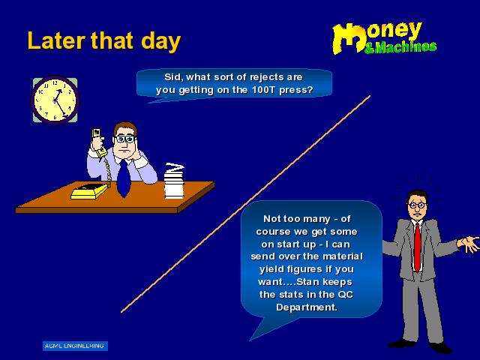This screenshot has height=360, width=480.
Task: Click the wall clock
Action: (x=55, y=100)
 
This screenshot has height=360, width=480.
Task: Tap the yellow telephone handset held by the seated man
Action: (x=98, y=142)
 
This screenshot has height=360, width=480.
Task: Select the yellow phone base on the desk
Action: (x=89, y=191)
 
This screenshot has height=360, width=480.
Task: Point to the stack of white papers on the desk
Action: (x=174, y=181)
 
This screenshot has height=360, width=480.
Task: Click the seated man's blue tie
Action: (x=123, y=178)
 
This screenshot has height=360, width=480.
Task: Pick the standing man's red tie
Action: (x=417, y=247)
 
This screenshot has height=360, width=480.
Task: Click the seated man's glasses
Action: (x=125, y=139)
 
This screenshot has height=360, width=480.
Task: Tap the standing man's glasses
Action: (x=417, y=205)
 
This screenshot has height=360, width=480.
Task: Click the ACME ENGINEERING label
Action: (x=75, y=346)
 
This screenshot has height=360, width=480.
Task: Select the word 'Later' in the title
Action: (x=57, y=40)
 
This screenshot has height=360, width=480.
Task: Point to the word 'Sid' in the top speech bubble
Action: (x=173, y=77)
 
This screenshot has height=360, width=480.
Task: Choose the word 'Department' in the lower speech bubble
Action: (x=307, y=307)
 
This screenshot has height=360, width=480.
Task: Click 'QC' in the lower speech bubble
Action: (x=345, y=295)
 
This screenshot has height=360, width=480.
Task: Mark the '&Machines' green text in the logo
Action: (x=400, y=47)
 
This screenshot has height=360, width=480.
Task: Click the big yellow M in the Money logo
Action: (x=348, y=38)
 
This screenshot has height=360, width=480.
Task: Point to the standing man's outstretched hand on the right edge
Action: (x=468, y=243)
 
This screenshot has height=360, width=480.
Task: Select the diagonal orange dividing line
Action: (x=245, y=204)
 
